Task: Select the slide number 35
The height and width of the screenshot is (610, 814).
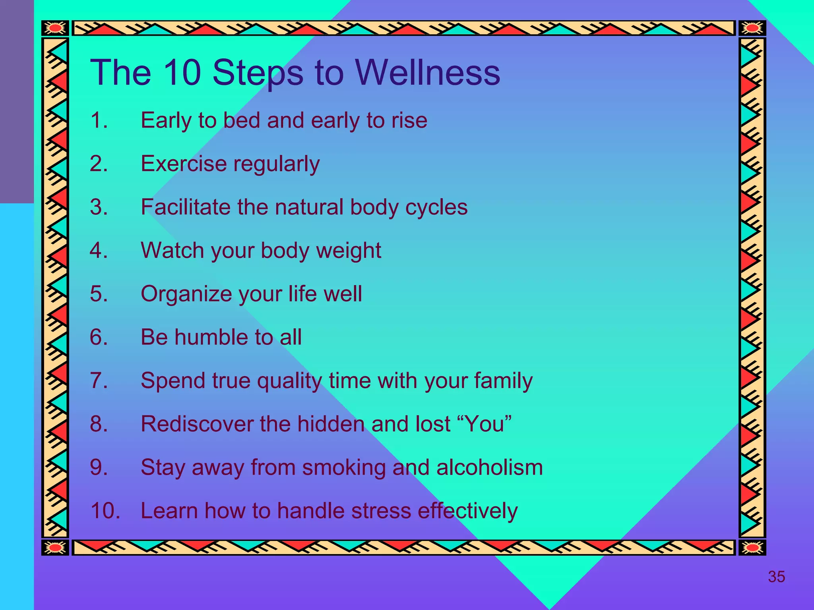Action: coord(776,577)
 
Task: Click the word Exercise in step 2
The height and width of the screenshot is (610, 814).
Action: coord(184,163)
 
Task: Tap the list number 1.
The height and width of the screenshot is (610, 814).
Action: coord(98,120)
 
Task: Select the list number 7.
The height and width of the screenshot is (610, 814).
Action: coord(98,380)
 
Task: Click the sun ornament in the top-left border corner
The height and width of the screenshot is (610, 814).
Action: coord(55,28)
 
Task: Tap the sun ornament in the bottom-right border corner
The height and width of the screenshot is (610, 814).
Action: coord(752,548)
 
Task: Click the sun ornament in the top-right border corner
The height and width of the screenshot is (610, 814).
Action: coord(752,28)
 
